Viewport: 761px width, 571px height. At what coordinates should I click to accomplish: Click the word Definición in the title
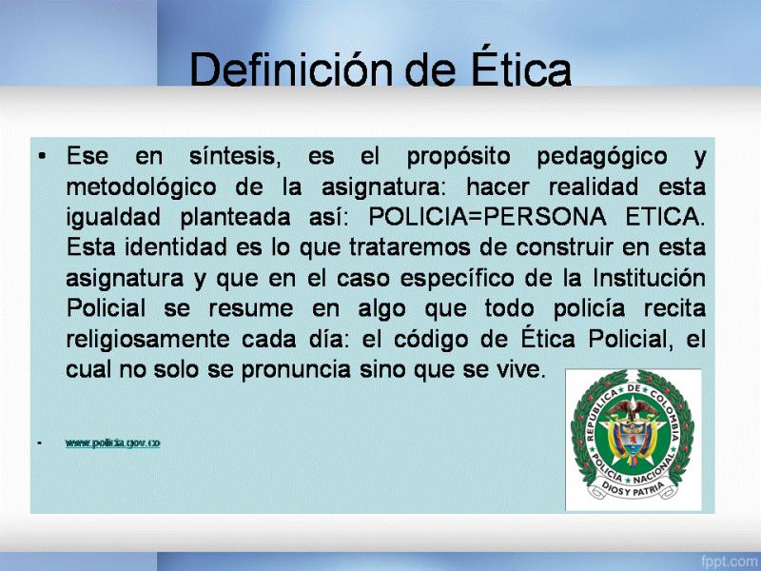click(x=291, y=69)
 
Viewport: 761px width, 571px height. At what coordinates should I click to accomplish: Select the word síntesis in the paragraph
click(x=235, y=156)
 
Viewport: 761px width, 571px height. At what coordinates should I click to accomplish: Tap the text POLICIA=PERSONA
click(x=487, y=217)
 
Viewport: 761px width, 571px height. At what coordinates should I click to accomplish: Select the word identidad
click(x=176, y=247)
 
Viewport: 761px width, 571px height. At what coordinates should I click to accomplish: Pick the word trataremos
click(x=410, y=247)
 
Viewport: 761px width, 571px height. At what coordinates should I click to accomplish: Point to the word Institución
click(x=649, y=278)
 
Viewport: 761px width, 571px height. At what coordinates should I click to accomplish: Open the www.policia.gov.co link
click(x=112, y=443)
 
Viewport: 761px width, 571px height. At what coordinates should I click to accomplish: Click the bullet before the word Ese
click(x=42, y=156)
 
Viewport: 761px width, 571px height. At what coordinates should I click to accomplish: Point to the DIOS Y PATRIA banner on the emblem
click(x=633, y=488)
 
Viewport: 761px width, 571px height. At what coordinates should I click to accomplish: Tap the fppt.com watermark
click(x=730, y=561)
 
